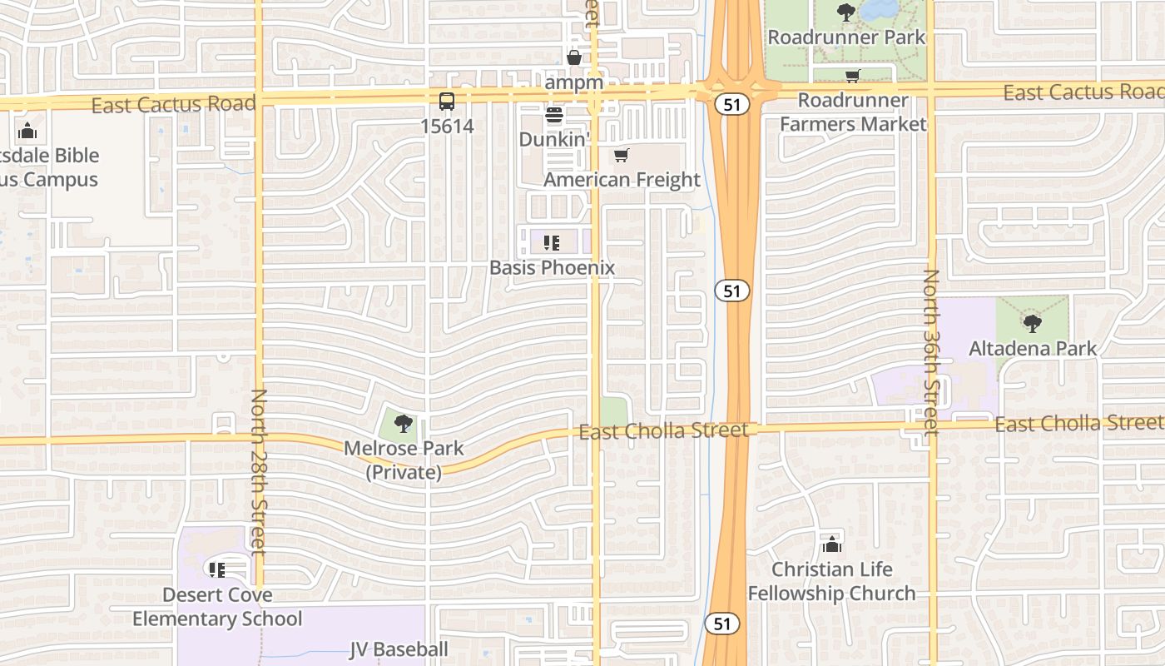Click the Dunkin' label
click(553, 139)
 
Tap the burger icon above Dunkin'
click(554, 115)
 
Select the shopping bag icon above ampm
click(574, 57)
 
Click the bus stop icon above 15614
click(447, 102)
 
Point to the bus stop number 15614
click(447, 127)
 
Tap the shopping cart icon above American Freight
click(622, 155)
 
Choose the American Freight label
click(622, 180)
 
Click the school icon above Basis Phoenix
click(551, 243)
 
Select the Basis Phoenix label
click(552, 267)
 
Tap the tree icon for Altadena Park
click(1032, 323)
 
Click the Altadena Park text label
click(1033, 348)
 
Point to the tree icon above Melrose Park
click(404, 424)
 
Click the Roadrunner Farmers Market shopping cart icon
click(853, 77)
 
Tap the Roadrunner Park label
click(845, 37)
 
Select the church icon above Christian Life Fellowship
click(831, 544)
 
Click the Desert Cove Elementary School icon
click(217, 570)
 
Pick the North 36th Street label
click(930, 351)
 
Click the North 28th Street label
click(259, 471)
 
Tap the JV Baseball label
click(399, 649)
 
